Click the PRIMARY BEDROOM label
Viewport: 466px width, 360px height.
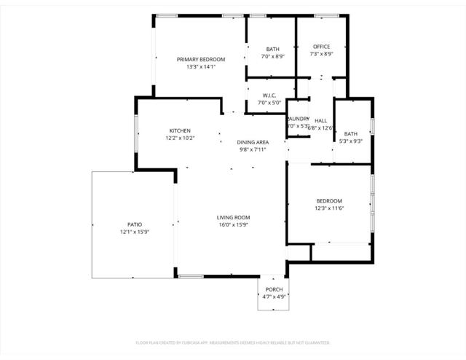tap(201, 59)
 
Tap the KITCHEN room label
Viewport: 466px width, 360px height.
tap(180, 130)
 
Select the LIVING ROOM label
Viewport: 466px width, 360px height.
tap(233, 217)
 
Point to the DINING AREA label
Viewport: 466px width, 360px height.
tap(253, 142)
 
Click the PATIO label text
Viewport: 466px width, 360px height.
tap(134, 224)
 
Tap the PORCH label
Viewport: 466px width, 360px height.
tap(274, 289)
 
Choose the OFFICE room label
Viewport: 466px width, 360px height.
tap(321, 47)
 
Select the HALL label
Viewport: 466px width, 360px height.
tap(320, 120)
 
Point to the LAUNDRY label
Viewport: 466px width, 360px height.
tap(299, 118)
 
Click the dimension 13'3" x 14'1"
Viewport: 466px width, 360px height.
tap(201, 66)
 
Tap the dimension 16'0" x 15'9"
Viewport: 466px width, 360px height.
tap(233, 224)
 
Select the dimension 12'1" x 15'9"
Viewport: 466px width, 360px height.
tap(134, 232)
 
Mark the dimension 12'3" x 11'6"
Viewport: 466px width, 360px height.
tap(329, 208)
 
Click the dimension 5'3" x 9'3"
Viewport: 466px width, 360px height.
tap(351, 141)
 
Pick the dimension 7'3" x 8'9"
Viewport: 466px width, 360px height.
tap(321, 54)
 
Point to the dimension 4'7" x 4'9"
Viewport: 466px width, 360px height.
tap(274, 297)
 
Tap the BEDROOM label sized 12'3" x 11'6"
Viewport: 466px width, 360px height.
tap(329, 200)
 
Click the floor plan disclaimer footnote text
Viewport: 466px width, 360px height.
tap(233, 342)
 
